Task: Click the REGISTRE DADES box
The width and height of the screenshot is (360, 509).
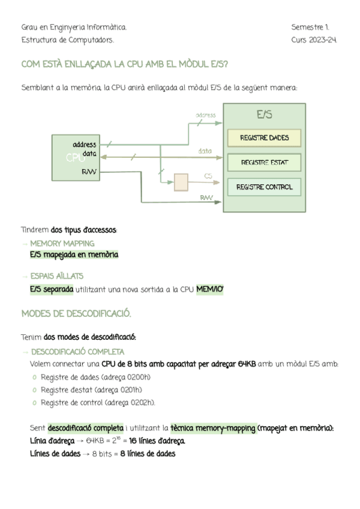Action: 264,138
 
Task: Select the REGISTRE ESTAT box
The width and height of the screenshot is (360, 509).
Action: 264,162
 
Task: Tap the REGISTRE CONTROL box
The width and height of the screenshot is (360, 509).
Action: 264,187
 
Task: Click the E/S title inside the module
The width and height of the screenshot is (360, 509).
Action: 264,114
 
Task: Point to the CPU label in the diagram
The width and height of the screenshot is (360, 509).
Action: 74,158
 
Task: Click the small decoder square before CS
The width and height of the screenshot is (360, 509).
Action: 180,182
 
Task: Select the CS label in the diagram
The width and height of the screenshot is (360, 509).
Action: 208,176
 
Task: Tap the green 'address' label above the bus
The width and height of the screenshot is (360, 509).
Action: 206,115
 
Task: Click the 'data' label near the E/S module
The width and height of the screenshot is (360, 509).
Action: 205,151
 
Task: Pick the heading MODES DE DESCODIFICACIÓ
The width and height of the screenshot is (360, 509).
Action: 76,314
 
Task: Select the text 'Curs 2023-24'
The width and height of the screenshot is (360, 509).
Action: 314,40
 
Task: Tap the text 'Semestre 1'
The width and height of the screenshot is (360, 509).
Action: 310,28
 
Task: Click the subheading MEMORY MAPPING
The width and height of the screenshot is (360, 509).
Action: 62,244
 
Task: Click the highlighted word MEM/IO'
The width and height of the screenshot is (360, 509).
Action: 209,290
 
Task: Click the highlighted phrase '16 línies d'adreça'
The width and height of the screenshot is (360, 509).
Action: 157,441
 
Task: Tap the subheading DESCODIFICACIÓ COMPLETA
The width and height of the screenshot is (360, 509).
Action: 78,352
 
